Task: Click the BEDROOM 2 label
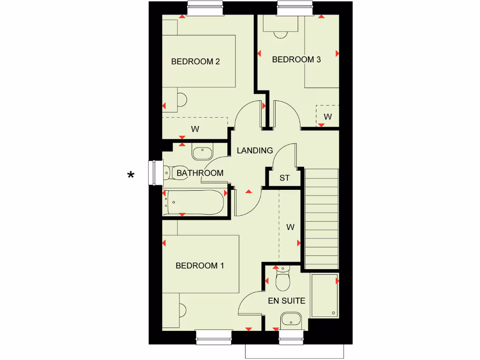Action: coord(195,61)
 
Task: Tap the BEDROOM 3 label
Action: coord(296,60)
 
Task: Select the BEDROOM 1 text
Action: coord(200,266)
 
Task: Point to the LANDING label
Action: coord(255,150)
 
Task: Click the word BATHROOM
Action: coord(200,173)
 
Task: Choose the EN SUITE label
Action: coord(286,300)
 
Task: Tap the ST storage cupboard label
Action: coord(285,178)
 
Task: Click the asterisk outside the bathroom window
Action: coord(131,176)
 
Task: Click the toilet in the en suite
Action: coord(283,280)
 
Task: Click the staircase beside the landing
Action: coord(322,218)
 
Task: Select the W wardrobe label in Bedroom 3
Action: coord(328,117)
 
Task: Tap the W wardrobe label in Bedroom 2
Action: coord(195,128)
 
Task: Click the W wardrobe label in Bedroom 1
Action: coord(291,227)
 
